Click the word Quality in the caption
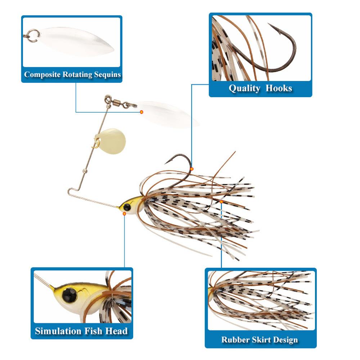pos(244,88)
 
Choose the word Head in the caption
pos(116,331)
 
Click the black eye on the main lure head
pos(127,207)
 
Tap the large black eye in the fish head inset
pos(69,295)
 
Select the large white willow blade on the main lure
pos(169,114)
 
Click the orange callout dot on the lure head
pos(124,213)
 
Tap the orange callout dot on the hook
pos(192,168)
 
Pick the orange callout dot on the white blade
pos(141,112)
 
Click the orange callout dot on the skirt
pos(221,202)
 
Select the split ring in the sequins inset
pos(32,35)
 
